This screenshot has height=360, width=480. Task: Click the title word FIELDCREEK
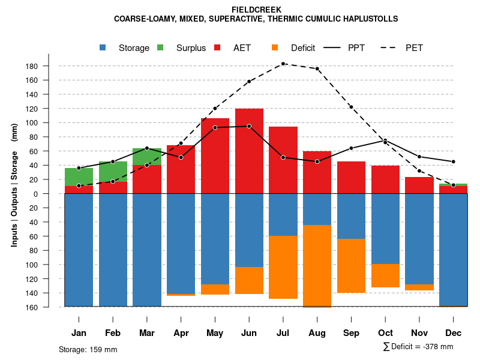[x=256, y=10]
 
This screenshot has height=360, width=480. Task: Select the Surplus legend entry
[x=182, y=48]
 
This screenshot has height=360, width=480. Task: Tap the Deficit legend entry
[x=293, y=48]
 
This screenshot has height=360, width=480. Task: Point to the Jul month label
[x=283, y=333]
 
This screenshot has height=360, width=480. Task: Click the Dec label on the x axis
[x=454, y=333]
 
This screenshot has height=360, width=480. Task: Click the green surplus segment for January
[x=79, y=177]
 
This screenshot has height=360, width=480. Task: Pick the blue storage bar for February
[x=113, y=250]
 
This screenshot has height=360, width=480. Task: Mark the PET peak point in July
[x=283, y=64]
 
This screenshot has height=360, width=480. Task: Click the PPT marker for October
[x=385, y=141]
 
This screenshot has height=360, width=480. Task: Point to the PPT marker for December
[x=454, y=162]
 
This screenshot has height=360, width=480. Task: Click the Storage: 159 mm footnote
[x=88, y=349]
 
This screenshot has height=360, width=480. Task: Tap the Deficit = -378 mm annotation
[x=418, y=347]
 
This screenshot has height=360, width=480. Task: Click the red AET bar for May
[x=215, y=156]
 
